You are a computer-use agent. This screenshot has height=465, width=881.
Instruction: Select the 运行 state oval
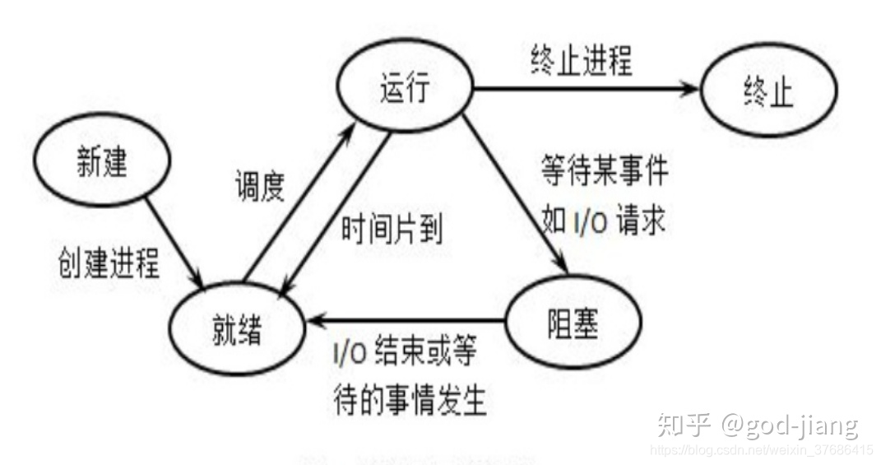[405, 88]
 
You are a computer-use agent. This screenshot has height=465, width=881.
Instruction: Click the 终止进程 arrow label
[581, 62]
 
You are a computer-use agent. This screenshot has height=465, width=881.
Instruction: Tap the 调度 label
[257, 188]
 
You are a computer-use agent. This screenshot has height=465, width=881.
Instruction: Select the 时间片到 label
[392, 229]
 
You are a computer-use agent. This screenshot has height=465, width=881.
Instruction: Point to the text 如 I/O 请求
[603, 221]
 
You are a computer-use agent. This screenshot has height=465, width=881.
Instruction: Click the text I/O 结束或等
[404, 355]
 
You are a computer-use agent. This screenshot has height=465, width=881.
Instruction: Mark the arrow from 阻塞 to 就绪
[407, 319]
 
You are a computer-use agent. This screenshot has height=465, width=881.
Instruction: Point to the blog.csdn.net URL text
[761, 450]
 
